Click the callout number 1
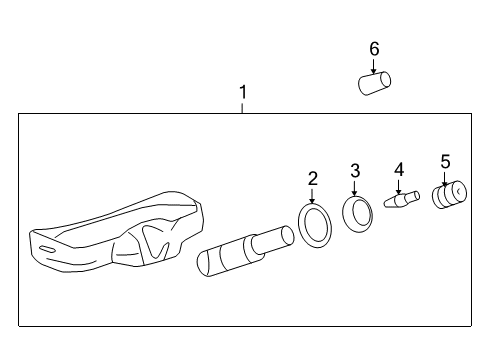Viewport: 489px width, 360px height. (x=242, y=92)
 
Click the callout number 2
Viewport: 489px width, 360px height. (x=313, y=179)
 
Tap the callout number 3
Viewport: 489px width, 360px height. (x=354, y=171)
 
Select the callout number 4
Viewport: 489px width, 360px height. (x=399, y=169)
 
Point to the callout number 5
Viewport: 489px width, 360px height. (x=445, y=160)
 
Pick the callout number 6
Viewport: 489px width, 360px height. (x=374, y=49)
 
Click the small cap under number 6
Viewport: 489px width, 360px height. (x=373, y=84)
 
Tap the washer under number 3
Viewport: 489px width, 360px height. (x=356, y=213)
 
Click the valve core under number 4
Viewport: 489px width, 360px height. (x=400, y=202)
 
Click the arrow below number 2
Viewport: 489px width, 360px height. (x=313, y=197)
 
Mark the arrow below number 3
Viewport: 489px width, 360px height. (x=355, y=189)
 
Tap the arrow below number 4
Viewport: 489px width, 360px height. (x=399, y=185)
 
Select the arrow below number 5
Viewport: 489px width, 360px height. (x=445, y=177)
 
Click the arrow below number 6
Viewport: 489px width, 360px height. (x=374, y=66)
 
